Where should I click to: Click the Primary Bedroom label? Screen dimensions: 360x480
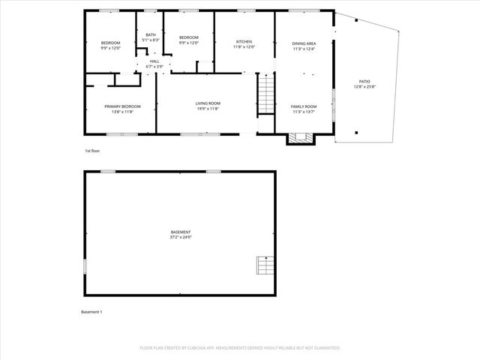(x=122, y=106)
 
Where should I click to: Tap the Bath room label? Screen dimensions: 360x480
(x=151, y=34)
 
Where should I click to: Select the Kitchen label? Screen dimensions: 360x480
(x=244, y=41)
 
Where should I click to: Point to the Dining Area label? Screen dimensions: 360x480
(x=304, y=44)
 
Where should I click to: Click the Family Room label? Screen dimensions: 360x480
(x=304, y=106)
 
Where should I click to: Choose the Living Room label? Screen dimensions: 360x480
(x=208, y=103)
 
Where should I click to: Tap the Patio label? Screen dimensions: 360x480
(x=365, y=81)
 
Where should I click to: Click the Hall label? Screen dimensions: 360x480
(x=154, y=61)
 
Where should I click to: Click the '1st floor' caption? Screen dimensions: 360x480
(x=92, y=151)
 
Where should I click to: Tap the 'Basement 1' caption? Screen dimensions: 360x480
(x=91, y=311)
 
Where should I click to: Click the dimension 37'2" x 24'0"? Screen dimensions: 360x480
(x=181, y=237)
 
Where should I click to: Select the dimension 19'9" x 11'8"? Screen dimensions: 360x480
(x=208, y=108)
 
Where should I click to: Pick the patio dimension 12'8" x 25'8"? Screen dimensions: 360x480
(x=365, y=86)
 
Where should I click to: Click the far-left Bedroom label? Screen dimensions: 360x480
(x=110, y=43)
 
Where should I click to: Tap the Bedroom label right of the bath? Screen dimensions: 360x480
(x=188, y=37)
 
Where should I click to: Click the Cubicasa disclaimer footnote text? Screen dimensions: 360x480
(x=240, y=348)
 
